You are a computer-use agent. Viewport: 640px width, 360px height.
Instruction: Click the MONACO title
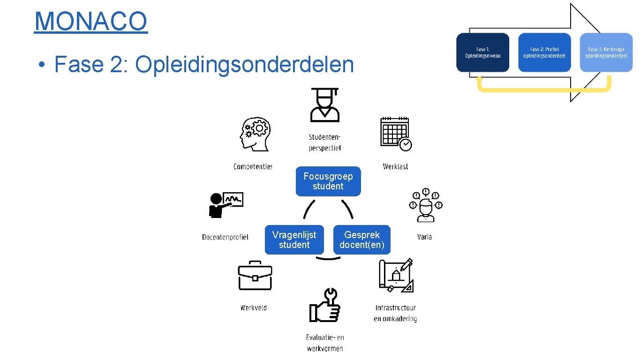tap(91, 21)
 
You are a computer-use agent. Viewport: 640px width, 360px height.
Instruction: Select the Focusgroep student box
tap(328, 181)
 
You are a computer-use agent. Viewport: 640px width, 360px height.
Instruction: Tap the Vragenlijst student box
tap(294, 240)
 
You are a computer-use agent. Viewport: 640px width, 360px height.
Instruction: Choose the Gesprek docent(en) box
tap(361, 240)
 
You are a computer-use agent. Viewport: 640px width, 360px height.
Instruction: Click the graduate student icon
tap(324, 105)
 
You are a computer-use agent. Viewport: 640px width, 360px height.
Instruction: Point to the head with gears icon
tap(255, 134)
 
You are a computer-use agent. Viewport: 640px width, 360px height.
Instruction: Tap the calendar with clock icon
tap(396, 134)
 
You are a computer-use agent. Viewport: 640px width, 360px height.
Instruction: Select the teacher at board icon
tap(226, 204)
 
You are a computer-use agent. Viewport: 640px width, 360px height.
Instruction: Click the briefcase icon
tap(255, 276)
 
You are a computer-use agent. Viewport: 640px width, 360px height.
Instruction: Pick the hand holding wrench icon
tap(324, 305)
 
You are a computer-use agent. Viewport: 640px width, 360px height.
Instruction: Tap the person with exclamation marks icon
tap(426, 205)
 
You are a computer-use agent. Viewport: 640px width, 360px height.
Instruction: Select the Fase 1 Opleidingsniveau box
tap(482, 52)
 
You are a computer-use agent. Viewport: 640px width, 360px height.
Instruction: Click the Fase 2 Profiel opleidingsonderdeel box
tap(544, 52)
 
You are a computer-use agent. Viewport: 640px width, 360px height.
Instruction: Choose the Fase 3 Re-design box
tap(606, 52)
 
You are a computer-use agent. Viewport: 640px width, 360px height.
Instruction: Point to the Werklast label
tap(395, 166)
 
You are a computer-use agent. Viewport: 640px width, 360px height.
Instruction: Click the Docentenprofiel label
tap(225, 237)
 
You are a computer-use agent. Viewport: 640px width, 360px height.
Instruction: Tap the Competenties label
tap(253, 166)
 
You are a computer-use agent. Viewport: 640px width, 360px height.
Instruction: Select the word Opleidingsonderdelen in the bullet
tap(244, 64)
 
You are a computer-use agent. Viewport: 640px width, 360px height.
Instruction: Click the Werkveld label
tap(254, 308)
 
